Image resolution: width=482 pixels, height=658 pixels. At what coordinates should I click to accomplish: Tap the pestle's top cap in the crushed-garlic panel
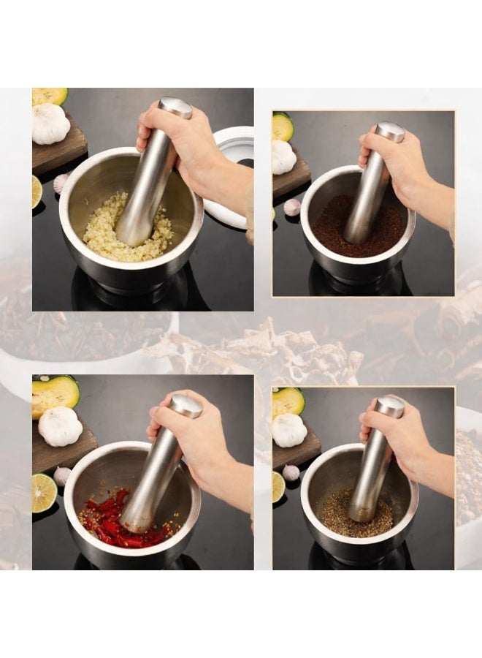tap(175, 107)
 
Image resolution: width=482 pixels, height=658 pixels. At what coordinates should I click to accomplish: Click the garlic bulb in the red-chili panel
tap(60, 426)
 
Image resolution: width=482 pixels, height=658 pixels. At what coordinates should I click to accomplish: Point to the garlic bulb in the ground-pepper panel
tap(289, 430)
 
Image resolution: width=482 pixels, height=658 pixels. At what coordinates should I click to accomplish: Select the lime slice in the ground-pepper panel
tap(278, 486)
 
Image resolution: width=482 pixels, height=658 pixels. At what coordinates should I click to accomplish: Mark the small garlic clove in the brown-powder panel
tap(292, 207)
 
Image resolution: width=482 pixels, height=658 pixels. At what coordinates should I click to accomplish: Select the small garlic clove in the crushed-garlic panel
tap(61, 183)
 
